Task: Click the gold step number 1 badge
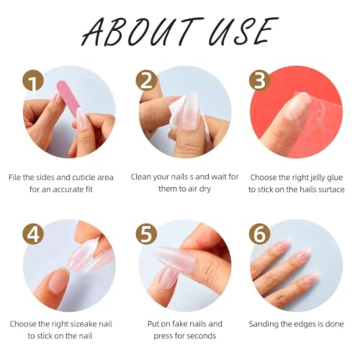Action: [33, 81]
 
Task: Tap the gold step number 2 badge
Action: [146, 81]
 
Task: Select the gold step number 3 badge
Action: [259, 81]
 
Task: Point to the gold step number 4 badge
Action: [33, 234]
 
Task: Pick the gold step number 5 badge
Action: [146, 234]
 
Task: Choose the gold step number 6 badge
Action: [259, 234]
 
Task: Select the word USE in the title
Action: [243, 31]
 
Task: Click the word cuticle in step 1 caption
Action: [84, 177]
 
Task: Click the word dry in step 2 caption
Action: [204, 189]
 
